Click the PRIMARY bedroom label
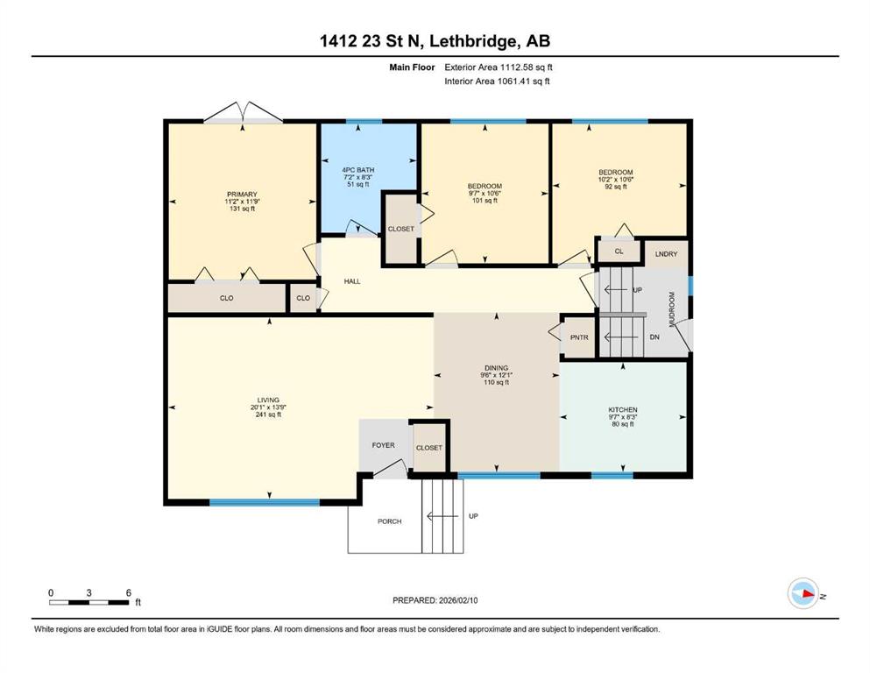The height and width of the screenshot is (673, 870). pos(242,195)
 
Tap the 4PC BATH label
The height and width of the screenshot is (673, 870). pos(357,170)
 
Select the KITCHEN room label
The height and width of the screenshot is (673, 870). pos(623,409)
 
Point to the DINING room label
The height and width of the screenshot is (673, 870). pos(496,368)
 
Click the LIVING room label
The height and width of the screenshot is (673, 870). pos(268,400)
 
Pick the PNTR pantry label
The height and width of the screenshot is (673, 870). pos(579,337)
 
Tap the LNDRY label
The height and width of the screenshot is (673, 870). pos(666,254)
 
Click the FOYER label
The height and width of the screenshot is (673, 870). pos(384,445)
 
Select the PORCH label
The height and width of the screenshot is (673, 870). pos(390,521)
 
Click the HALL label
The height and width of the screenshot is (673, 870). pos(352,281)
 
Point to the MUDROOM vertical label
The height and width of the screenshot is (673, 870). pos(672,309)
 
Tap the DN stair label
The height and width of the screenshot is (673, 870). pos(654,336)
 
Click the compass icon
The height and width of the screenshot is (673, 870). pos(803,593)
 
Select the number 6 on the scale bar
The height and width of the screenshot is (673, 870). pos(128,592)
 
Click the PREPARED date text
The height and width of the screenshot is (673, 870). pos(435,600)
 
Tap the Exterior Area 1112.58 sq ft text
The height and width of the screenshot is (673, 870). pos(499,67)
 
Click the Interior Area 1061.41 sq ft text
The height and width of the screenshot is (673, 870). pos(497,81)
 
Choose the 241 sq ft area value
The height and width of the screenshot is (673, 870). pos(268,414)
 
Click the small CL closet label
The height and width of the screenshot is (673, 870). pos(619,251)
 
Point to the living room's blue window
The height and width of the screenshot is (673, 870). pos(264,503)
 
